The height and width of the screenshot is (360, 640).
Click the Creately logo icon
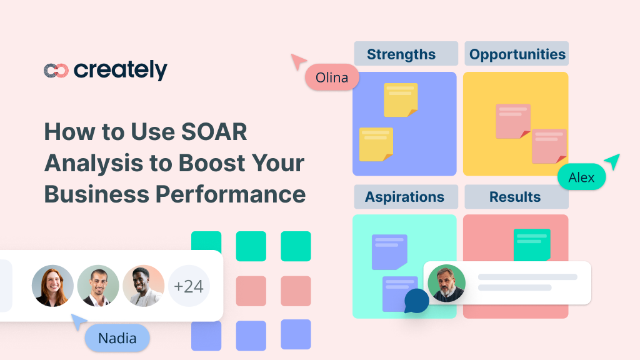(x=56, y=71)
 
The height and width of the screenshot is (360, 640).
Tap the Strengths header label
(x=401, y=54)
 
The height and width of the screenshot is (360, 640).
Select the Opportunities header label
(x=517, y=54)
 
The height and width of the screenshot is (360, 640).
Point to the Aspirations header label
(x=404, y=197)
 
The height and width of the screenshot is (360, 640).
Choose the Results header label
(x=515, y=197)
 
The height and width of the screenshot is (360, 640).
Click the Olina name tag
(x=332, y=78)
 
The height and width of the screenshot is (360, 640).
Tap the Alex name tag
(x=581, y=177)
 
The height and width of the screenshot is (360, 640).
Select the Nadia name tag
(x=117, y=338)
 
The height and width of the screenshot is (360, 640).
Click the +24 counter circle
(x=189, y=286)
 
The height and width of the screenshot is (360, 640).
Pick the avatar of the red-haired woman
(x=52, y=286)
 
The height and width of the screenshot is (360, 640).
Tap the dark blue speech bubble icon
(x=416, y=301)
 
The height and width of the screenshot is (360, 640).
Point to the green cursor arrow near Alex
(x=612, y=161)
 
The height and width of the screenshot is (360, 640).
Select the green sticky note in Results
(x=531, y=244)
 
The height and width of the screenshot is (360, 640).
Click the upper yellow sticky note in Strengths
(x=400, y=99)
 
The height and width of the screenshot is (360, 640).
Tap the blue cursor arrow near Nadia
(x=79, y=321)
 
